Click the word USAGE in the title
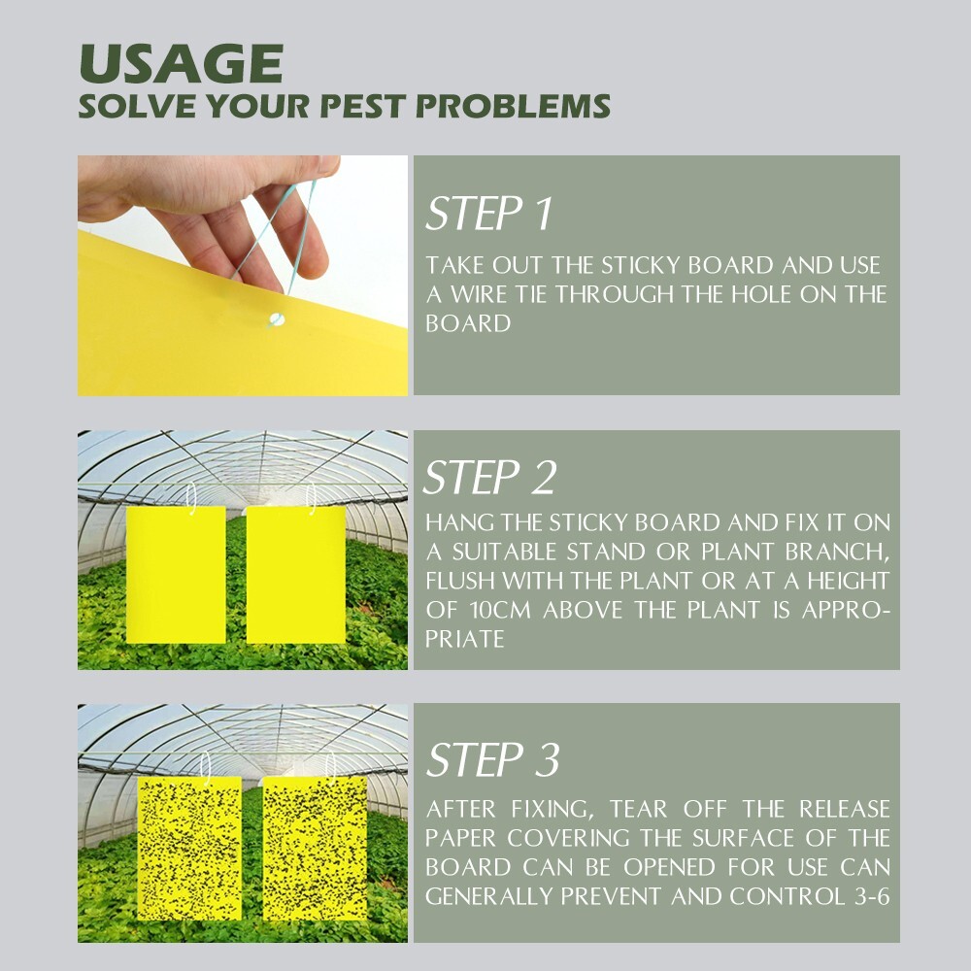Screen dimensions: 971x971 pos(180,63)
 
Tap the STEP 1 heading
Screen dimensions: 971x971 pos(488,214)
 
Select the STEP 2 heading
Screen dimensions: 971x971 pos(490,478)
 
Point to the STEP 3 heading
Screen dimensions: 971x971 pos(492,759)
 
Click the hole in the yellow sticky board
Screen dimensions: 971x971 pos(278,318)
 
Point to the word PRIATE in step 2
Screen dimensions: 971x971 pos(464,639)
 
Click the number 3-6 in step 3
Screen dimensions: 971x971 pos(870,896)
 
